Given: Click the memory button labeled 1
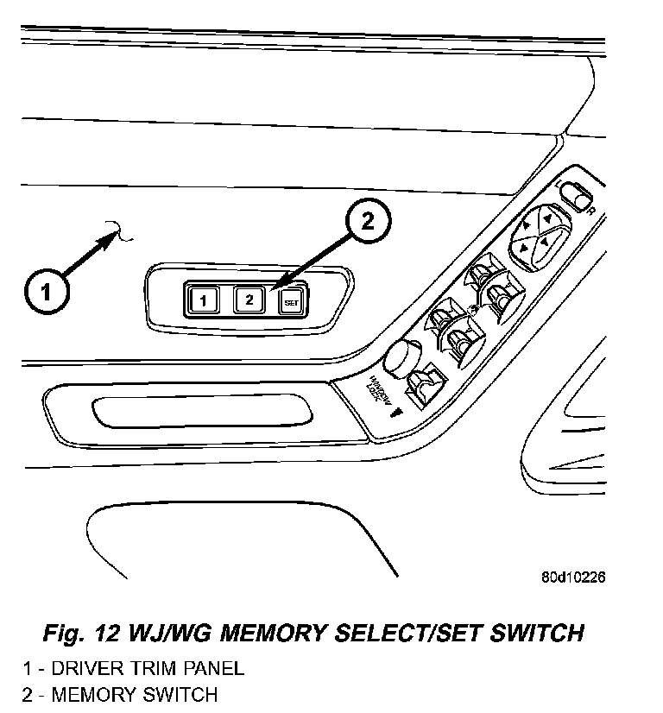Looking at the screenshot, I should [x=203, y=300].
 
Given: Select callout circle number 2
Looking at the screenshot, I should [x=367, y=222].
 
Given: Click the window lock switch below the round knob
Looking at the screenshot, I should [x=425, y=386].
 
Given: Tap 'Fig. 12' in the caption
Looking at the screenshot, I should [x=80, y=633].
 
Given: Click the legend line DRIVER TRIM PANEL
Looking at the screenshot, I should [x=133, y=667].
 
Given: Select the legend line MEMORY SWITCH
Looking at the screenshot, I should [x=120, y=694].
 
